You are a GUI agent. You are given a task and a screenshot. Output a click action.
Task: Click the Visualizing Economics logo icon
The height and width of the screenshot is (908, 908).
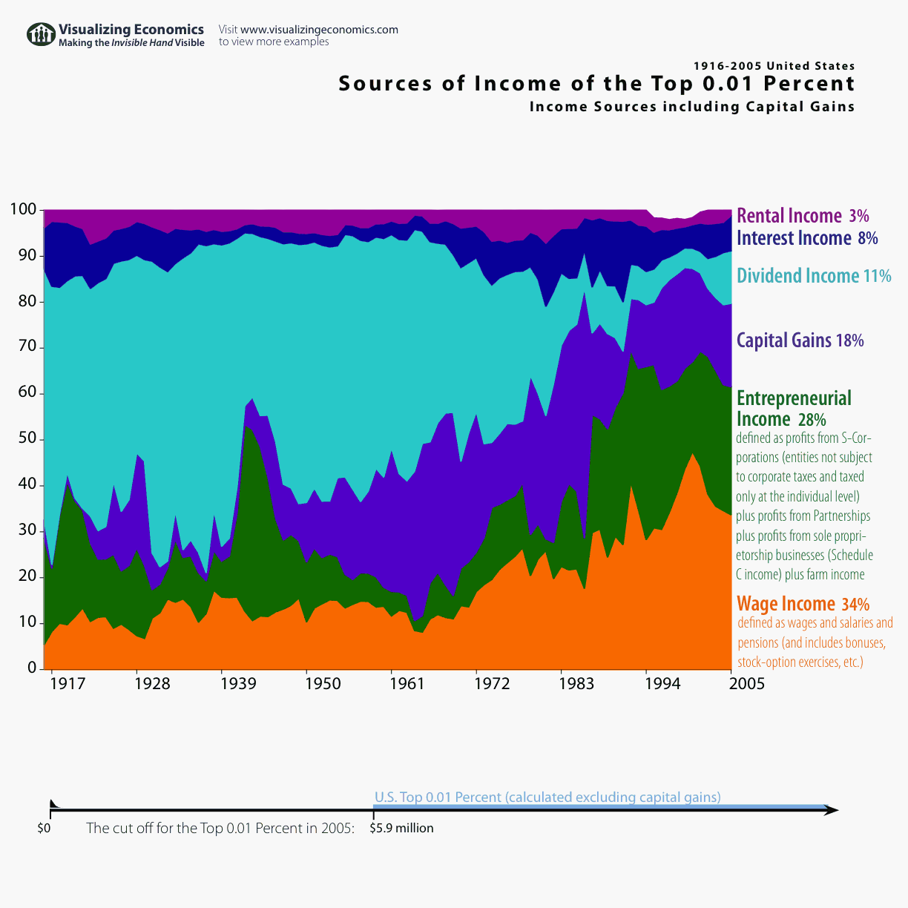42,35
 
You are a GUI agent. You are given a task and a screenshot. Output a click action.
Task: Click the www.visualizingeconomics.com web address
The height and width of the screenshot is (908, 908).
319,30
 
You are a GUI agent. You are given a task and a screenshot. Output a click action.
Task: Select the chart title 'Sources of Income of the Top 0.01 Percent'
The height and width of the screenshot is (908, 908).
596,84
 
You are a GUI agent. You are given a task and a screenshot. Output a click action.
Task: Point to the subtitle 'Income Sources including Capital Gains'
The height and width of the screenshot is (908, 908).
691,107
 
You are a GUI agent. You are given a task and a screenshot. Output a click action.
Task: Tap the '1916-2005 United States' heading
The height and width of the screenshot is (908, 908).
774,66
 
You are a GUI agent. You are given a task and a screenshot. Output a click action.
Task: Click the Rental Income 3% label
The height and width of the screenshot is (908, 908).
802,216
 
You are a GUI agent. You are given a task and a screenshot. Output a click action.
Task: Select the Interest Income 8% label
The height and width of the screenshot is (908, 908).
806,238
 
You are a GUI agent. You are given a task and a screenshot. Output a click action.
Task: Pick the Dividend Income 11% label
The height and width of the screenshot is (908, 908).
813,276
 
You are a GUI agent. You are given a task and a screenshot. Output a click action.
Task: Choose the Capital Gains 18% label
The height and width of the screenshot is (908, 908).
800,340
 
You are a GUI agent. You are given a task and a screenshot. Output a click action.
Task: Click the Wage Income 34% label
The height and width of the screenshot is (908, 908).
803,604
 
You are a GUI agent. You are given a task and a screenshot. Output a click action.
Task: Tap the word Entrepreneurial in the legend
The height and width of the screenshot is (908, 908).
794,398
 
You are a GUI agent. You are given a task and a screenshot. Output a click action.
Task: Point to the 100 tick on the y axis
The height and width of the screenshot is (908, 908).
22,210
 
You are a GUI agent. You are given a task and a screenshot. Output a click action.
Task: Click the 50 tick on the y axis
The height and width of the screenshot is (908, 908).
27,439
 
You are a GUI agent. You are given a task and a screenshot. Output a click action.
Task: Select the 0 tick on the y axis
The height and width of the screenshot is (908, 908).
32,668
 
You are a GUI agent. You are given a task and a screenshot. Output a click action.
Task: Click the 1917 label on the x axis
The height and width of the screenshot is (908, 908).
68,684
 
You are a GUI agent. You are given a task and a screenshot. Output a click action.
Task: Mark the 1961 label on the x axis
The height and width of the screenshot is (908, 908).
407,684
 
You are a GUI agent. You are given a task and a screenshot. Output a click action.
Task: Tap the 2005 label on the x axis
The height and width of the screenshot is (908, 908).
746,684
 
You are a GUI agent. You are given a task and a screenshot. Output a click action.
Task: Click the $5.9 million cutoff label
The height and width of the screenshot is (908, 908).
401,828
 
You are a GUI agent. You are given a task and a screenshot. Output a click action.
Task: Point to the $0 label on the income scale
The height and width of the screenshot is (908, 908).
44,828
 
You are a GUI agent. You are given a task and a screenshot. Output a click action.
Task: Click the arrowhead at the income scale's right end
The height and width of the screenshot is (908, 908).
832,811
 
